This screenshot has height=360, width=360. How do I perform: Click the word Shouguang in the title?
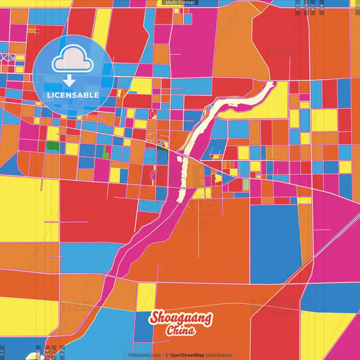click(x=180, y=318)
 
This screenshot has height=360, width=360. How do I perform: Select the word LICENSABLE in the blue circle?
click(x=73, y=94)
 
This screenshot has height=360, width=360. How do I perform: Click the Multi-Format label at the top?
click(x=179, y=3)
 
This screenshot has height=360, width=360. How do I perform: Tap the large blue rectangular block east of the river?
click(x=275, y=234)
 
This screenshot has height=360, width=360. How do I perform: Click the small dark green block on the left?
click(x=52, y=145)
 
